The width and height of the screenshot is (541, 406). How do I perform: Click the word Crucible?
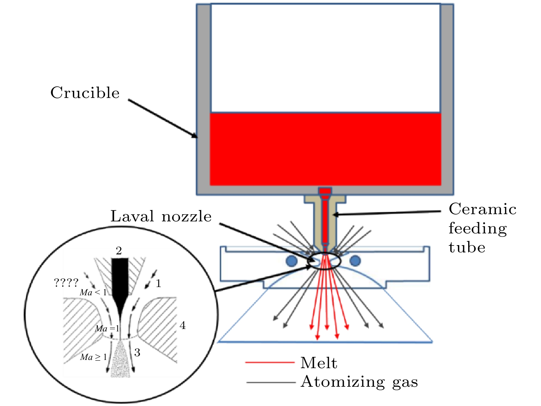pos(85,93)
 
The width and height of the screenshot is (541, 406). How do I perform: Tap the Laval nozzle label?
pos(161,217)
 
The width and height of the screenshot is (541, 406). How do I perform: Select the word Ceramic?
pos(482,209)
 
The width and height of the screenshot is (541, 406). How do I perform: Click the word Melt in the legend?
pos(319,363)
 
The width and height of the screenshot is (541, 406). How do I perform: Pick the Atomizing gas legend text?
pos(359,382)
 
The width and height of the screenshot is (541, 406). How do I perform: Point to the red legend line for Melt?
pos(270,362)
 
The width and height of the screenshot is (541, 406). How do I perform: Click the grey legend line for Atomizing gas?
pos(271,382)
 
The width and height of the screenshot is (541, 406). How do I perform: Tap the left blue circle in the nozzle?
pos(291,261)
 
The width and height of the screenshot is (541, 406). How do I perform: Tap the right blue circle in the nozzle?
pos(355,261)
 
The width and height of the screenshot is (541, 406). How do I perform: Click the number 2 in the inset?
pos(119,251)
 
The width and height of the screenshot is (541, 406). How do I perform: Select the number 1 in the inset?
pos(158,284)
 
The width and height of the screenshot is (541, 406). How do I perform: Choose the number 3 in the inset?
pos(137,352)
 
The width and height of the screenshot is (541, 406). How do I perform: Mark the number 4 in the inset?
pos(183,326)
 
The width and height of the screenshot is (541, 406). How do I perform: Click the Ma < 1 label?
pos(93,293)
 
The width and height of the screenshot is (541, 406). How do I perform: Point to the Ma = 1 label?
pos(107,329)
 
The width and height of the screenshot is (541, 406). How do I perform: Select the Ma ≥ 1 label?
pos(93,357)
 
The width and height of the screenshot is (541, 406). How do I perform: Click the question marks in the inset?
pos(66,283)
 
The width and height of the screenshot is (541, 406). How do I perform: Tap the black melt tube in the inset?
pos(120,278)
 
